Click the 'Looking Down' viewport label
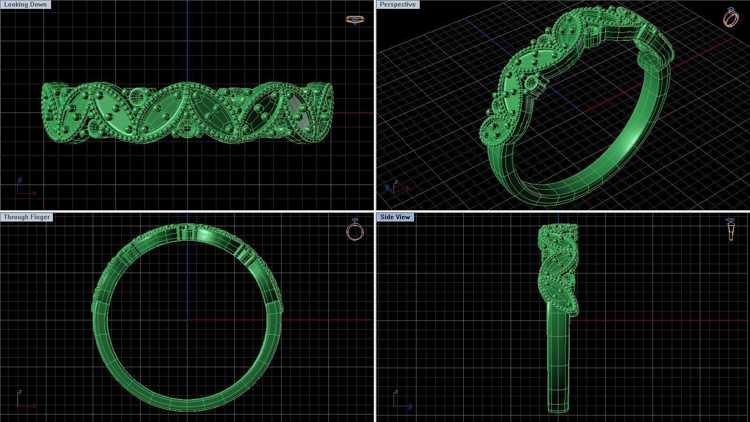[x=25, y=4]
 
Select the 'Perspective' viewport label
[x=398, y=4]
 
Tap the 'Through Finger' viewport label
[x=27, y=217]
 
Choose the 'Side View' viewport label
[x=395, y=217]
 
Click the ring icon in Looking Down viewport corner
[x=354, y=19]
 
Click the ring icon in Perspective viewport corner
[x=731, y=17]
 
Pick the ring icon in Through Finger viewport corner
[x=355, y=230]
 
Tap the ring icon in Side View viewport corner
[x=731, y=229]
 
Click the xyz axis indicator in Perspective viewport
[x=396, y=186]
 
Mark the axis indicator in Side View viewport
[x=401, y=400]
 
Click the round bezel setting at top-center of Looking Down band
[x=137, y=97]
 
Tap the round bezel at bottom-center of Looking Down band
[x=186, y=127]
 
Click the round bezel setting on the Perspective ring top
[x=533, y=84]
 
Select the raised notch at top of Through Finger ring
[x=187, y=232]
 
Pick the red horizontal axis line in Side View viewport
[x=656, y=320]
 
